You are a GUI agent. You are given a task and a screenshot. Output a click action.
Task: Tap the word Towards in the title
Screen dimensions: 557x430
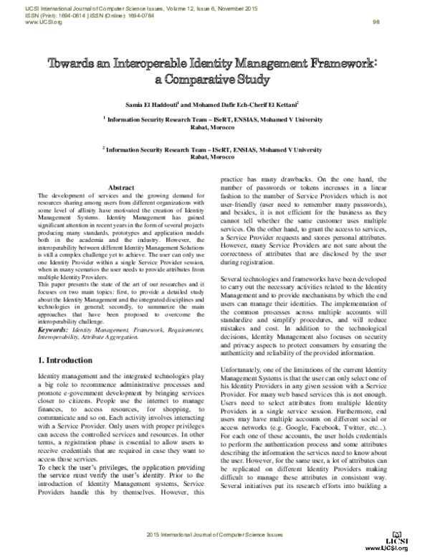[72, 64]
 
